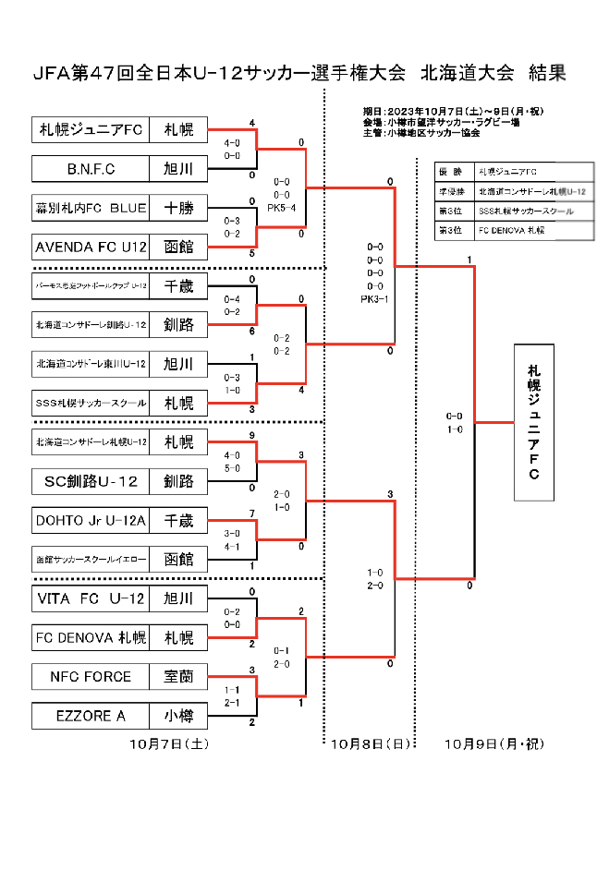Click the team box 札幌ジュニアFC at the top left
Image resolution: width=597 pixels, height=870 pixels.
point(91,130)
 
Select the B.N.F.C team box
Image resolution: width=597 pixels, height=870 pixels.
point(91,169)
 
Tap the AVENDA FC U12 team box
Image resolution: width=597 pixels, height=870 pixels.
point(91,248)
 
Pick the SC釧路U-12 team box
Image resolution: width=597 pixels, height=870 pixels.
point(91,481)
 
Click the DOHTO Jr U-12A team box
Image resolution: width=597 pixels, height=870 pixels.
point(91,521)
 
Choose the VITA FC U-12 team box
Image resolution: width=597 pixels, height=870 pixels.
point(91,599)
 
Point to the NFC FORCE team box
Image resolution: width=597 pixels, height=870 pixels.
point(91,677)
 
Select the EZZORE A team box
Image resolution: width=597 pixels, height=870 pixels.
point(91,716)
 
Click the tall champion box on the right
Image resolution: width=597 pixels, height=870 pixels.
point(533,422)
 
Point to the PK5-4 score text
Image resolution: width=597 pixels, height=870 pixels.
point(281,209)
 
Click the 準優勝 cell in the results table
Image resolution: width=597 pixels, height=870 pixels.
point(453,191)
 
